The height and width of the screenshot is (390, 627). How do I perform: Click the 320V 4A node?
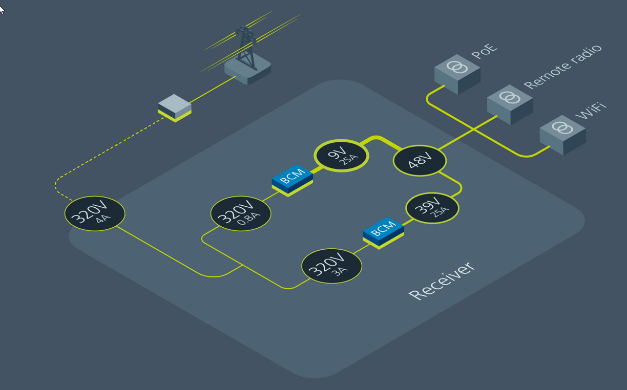pyautogui.click(x=95, y=213)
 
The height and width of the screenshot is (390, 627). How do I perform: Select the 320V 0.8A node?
pyautogui.click(x=241, y=213)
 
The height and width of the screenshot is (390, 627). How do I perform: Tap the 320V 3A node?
pyautogui.click(x=331, y=266)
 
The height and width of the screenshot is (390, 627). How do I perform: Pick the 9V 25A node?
pyautogui.click(x=341, y=156)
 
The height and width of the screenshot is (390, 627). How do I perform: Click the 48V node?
pyautogui.click(x=420, y=161)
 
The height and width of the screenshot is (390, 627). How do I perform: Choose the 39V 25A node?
pyautogui.click(x=432, y=208)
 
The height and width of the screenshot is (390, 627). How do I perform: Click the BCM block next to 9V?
pyautogui.click(x=292, y=180)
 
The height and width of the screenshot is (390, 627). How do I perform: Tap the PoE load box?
pyautogui.click(x=457, y=74)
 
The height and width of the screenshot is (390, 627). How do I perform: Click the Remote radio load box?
pyautogui.click(x=510, y=103)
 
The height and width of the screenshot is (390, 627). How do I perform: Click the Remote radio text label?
pyautogui.click(x=562, y=67)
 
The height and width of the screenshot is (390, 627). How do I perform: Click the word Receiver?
pyautogui.click(x=442, y=281)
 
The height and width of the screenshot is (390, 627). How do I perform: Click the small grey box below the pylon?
pyautogui.click(x=174, y=107)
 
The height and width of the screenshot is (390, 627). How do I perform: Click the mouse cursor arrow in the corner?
pyautogui.click(x=2, y=9)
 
